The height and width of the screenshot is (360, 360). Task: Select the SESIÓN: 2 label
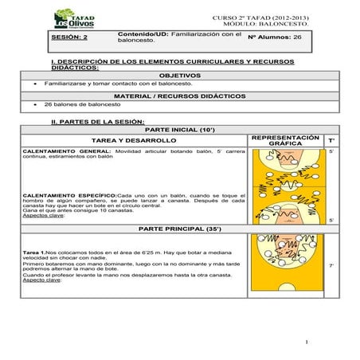coord(69,37)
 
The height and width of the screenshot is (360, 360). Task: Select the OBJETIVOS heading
coord(180,74)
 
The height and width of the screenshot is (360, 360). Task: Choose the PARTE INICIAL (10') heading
coord(180,128)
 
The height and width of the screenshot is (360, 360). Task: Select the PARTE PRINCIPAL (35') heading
coord(180,229)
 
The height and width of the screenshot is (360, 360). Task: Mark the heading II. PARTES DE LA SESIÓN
coord(97,121)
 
